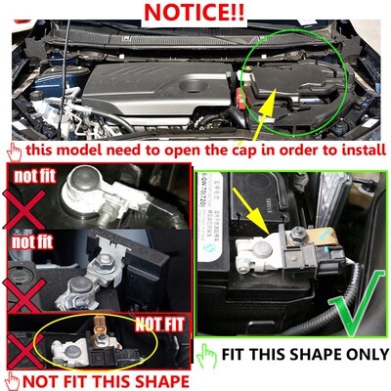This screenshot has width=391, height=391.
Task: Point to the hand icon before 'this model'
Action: pyautogui.click(x=13, y=151)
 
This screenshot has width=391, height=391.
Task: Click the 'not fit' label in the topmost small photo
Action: pyautogui.click(x=37, y=175)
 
